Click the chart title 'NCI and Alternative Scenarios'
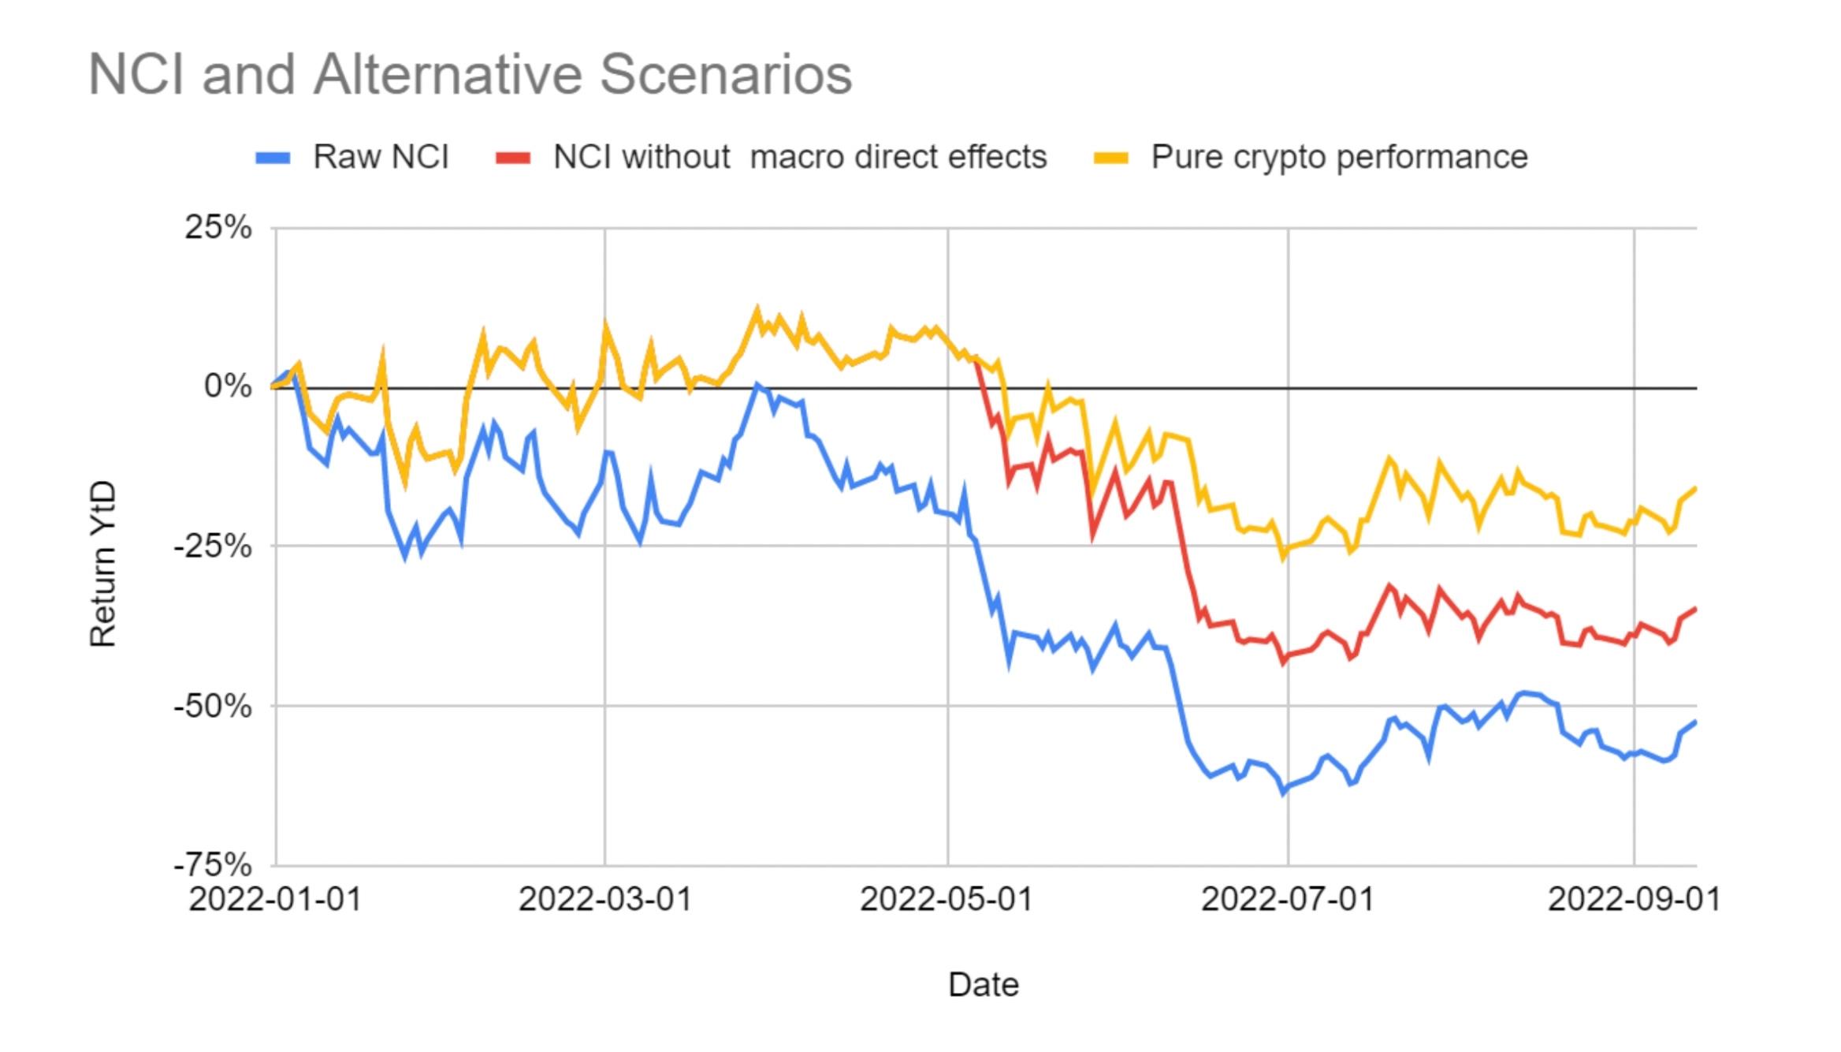pos(470,75)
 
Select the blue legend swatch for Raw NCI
pos(273,158)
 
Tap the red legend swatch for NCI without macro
pos(513,158)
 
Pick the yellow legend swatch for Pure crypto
pos(1111,158)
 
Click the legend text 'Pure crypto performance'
pos(1339,157)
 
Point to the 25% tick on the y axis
pos(218,228)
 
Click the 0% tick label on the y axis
pos(228,386)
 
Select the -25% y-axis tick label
pos(213,546)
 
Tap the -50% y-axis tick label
pos(213,706)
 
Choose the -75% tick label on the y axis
pos(213,865)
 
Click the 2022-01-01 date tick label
pos(275,899)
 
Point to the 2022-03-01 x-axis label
pos(604,899)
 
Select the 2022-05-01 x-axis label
pos(947,899)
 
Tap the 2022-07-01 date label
pos(1288,899)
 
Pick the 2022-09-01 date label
pos(1635,899)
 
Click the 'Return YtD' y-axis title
pos(103,564)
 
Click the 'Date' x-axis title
pos(984,985)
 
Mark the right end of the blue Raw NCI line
pos(1695,722)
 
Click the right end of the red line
pos(1695,609)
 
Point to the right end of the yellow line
pos(1695,489)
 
